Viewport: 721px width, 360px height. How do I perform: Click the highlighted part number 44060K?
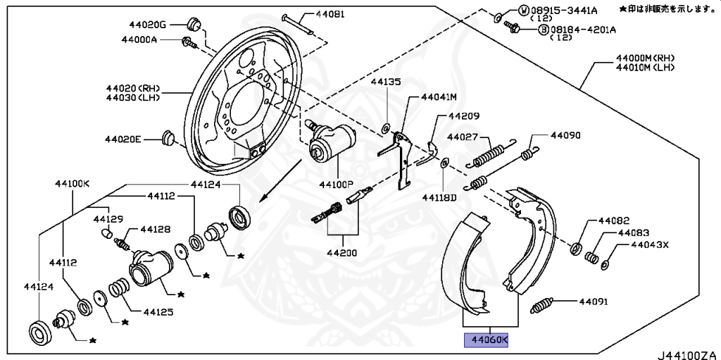(x=486, y=341)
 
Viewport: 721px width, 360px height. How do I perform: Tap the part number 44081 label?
(x=330, y=13)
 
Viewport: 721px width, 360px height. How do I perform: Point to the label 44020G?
(x=147, y=24)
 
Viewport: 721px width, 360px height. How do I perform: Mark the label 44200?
(x=341, y=252)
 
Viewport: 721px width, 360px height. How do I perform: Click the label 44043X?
(x=648, y=245)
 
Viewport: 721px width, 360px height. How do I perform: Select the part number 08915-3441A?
(x=568, y=11)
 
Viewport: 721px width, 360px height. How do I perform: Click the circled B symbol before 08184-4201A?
(x=544, y=30)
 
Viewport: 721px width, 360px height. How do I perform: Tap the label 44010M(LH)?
(x=644, y=68)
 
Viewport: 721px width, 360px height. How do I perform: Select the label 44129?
(x=108, y=220)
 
